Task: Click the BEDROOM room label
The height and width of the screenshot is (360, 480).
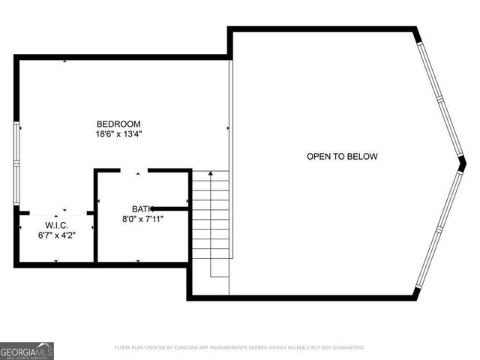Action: tap(118, 124)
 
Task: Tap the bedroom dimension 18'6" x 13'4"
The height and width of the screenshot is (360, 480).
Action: tap(118, 134)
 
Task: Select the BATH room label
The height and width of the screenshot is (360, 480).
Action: tap(142, 208)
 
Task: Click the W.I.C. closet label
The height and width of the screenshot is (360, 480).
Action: tap(56, 224)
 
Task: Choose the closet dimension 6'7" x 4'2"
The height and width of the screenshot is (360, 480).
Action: tap(56, 235)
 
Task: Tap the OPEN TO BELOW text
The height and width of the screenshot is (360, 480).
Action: tap(342, 157)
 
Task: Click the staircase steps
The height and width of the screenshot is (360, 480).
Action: tap(211, 225)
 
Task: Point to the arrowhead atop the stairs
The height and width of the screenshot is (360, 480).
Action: tap(211, 174)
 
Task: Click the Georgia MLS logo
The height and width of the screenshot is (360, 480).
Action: tap(27, 350)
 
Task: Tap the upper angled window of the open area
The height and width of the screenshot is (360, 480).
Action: tap(442, 94)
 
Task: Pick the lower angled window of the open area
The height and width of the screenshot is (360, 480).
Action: tap(439, 229)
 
